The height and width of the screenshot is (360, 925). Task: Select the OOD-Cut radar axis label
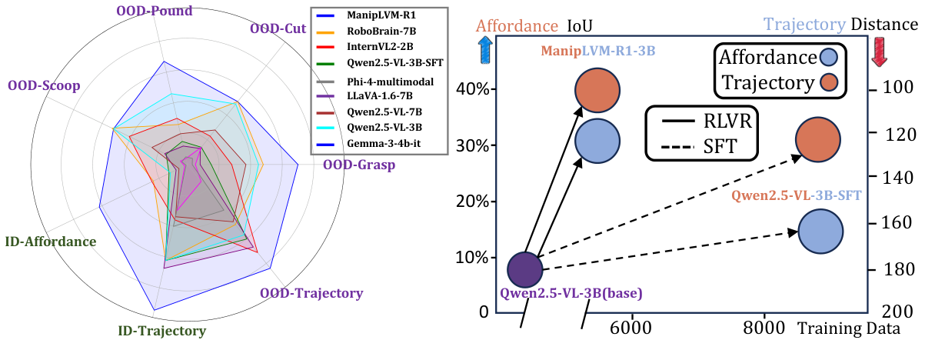click(x=278, y=29)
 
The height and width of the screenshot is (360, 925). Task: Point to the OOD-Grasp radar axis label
click(x=358, y=164)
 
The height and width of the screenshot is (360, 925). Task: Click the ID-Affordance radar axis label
click(x=50, y=242)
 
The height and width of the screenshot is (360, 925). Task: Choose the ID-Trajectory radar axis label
click(x=161, y=332)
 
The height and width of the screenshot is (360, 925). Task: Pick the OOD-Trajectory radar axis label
click(x=311, y=293)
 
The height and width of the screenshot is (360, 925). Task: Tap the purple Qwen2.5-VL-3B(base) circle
click(x=525, y=268)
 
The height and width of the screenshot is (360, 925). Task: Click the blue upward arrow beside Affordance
click(x=486, y=51)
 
